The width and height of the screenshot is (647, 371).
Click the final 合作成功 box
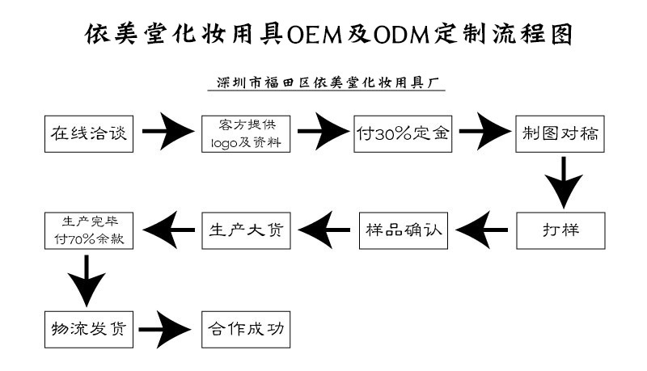point(246,329)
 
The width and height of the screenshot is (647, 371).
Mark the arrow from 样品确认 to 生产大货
point(324,229)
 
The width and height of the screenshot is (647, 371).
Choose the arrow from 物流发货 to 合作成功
point(166,329)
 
